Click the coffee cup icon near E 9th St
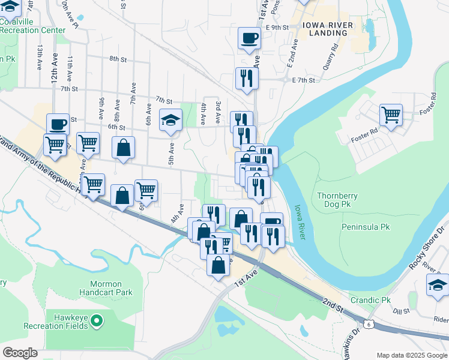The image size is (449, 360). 249,38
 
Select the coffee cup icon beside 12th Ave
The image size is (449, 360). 58,124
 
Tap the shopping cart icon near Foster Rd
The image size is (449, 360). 391,114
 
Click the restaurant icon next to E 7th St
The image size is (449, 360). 246,78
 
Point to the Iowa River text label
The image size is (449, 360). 300,223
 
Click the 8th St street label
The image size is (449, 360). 118,59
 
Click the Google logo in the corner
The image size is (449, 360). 20,353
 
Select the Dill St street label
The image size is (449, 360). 400,311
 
